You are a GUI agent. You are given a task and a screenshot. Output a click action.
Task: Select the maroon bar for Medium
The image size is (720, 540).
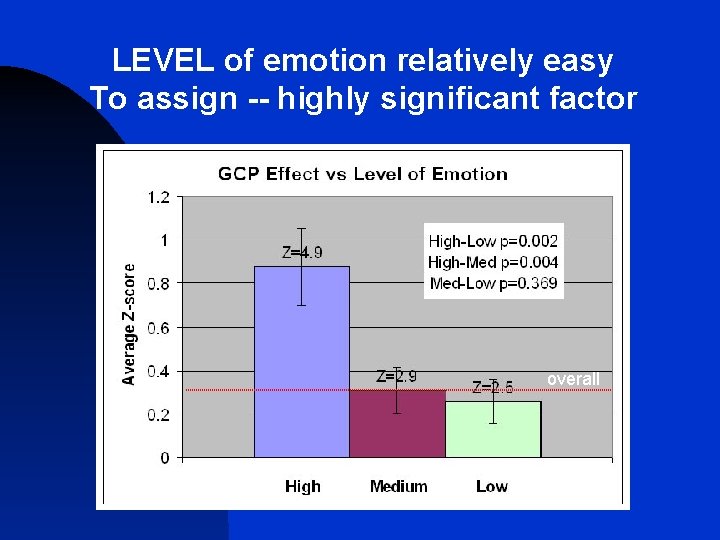pos(397,424)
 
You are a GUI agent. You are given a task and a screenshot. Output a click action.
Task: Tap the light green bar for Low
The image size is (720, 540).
pos(493,430)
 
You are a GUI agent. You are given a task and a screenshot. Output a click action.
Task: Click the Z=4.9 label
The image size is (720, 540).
pos(302,252)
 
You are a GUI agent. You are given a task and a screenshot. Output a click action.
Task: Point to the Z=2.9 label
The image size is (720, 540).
pos(396,377)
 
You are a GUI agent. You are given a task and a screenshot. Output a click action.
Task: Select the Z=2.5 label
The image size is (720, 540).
pos(493,388)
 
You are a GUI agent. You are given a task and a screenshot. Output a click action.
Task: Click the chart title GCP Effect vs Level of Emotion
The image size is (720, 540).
pos(363,174)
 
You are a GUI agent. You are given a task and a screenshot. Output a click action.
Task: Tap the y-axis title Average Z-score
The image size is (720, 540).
pos(129,323)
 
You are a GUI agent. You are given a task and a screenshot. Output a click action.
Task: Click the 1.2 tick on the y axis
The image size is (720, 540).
pos(158,197)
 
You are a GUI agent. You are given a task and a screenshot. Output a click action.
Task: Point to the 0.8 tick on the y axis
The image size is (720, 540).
pos(158,284)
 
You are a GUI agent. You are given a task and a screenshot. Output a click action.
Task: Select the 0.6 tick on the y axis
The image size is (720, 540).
pos(158,328)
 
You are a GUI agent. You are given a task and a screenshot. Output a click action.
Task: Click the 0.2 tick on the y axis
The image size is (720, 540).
pos(158,415)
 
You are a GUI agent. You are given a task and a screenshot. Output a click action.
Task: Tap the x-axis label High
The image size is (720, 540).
pos(302,487)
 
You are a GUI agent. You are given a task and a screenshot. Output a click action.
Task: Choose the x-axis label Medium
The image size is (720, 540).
pos(398,487)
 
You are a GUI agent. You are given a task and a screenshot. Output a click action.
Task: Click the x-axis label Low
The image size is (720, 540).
pos(492,487)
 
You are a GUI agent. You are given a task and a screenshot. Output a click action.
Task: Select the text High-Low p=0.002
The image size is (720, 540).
pos(493,241)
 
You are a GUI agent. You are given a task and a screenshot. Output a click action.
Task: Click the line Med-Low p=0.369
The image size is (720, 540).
pos(493,283)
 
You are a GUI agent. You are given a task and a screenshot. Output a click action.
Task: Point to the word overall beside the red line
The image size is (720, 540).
pos(573,379)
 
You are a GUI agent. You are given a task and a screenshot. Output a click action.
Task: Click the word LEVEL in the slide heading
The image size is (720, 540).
pos(164,62)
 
